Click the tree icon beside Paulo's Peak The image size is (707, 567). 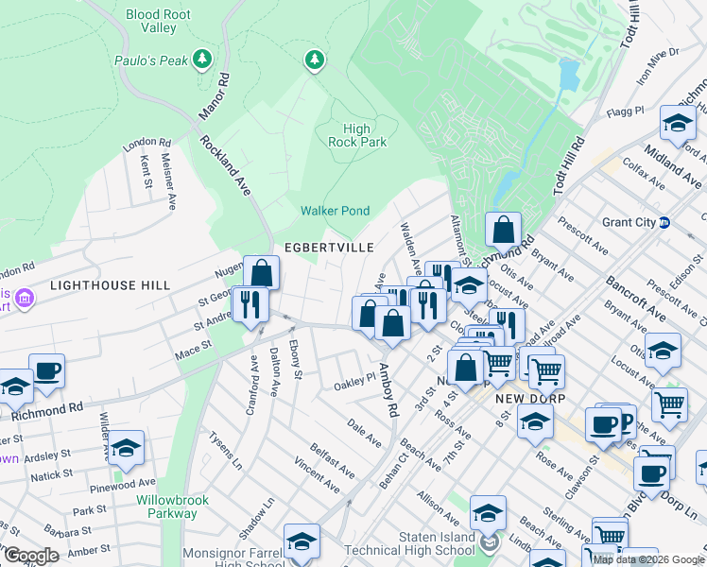pos(201,60)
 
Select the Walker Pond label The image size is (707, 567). pos(335,211)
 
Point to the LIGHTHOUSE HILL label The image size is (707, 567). pos(110,284)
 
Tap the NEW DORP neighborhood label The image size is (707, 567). pos(529,399)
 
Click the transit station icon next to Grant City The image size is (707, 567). pos(664,224)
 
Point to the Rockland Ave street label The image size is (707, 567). pos(225,165)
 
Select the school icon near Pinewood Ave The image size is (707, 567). pos(126,448)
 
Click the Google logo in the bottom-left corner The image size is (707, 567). pos(31,556)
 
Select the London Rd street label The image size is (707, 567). pos(146,143)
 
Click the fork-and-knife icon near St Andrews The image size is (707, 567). pos(250,304)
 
